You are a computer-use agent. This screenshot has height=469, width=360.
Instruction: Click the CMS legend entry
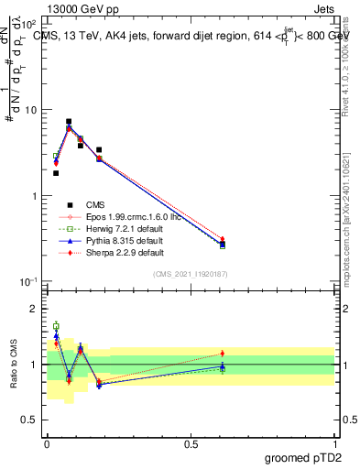pyautogui.click(x=96, y=205)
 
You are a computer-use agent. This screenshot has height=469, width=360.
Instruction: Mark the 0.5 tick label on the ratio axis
pyautogui.click(x=29, y=420)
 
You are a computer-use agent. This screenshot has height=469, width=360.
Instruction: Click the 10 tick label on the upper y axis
pyautogui.click(x=29, y=110)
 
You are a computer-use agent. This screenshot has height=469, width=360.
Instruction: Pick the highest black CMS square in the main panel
pyautogui.click(x=69, y=121)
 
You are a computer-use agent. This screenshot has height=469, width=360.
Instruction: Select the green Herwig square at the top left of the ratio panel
pyautogui.click(x=56, y=326)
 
